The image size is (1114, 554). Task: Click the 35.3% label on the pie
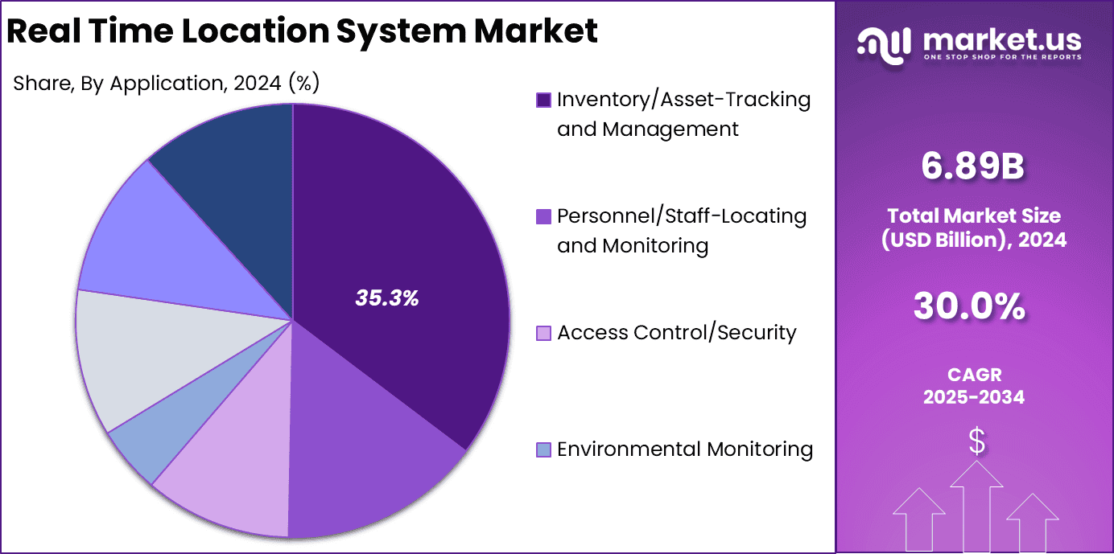[387, 298]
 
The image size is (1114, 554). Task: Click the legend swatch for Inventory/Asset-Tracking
[544, 100]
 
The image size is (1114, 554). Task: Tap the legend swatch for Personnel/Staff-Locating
[544, 216]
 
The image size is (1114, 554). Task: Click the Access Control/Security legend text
[676, 333]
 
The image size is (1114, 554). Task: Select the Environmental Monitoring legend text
[684, 449]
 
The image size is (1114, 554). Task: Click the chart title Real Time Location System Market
[302, 31]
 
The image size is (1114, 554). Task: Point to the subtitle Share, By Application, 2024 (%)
[167, 83]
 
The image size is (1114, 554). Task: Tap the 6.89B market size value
[973, 166]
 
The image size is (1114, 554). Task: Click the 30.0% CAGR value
[973, 306]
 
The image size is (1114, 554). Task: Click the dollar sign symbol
[976, 441]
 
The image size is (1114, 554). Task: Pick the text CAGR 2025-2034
[974, 386]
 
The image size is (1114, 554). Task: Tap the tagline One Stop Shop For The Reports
[1002, 57]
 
